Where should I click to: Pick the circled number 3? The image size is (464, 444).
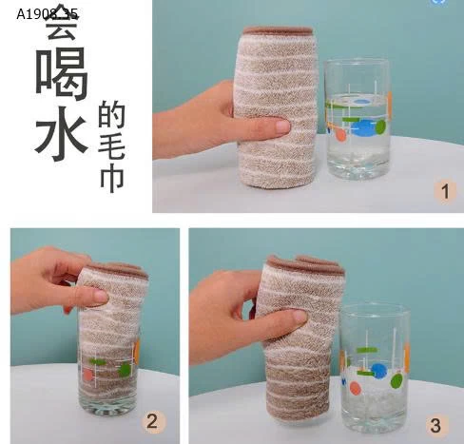coord(435,424)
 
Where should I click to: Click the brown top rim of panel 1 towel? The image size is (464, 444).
coord(277,31)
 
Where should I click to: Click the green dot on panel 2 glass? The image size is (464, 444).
coord(124,369)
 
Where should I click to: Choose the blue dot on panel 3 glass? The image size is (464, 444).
coord(378,371)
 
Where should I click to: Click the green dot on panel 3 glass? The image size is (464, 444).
coord(396,380)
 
